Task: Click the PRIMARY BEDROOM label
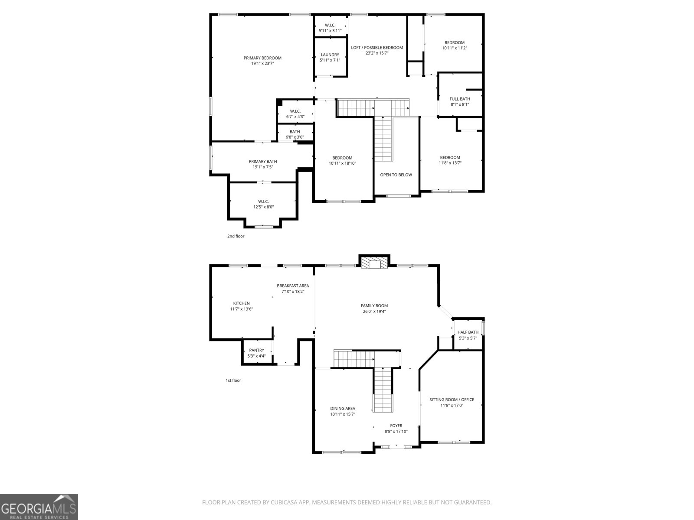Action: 262,58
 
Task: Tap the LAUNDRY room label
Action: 330,55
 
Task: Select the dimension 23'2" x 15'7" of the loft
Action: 376,53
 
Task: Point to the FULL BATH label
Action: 460,99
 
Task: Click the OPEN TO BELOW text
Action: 396,175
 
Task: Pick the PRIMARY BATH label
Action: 263,162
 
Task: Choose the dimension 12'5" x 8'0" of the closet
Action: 263,207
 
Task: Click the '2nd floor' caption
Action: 236,236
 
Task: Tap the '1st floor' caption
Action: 233,380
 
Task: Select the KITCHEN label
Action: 241,303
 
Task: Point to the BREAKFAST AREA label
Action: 293,286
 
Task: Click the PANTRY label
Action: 256,350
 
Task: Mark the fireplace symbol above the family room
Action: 373,264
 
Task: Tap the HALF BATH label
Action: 468,332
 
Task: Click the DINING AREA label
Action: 343,408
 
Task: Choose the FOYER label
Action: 396,426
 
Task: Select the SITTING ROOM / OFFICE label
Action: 452,400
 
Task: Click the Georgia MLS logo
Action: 39,507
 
